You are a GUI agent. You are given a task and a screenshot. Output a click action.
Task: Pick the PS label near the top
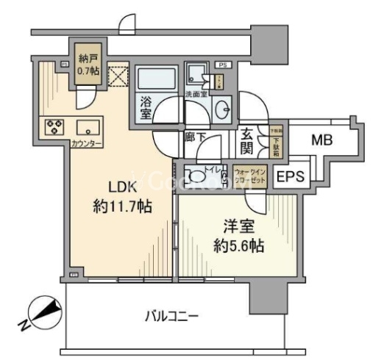pyautogui.click(x=223, y=65)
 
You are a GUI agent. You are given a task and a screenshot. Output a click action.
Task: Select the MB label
pyautogui.click(x=320, y=140)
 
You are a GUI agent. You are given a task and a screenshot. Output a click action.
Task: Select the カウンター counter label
pyautogui.click(x=87, y=143)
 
